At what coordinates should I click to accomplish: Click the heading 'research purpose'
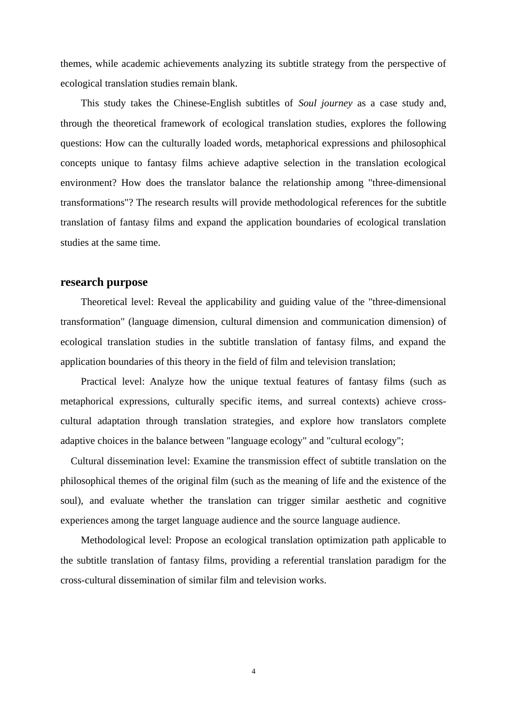click(104, 282)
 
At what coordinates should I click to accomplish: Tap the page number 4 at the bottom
click(253, 672)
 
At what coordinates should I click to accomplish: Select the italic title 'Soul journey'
click(325, 103)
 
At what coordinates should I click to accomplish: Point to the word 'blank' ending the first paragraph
click(225, 83)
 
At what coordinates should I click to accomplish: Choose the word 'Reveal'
click(172, 302)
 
